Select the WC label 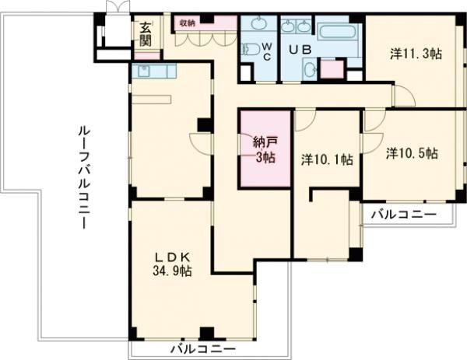coord(265,52)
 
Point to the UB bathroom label coord(298,50)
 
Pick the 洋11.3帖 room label coord(416,54)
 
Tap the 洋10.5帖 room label coord(411,153)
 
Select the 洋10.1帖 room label coord(327,159)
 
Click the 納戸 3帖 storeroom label coord(264,149)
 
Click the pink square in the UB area coord(332,69)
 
